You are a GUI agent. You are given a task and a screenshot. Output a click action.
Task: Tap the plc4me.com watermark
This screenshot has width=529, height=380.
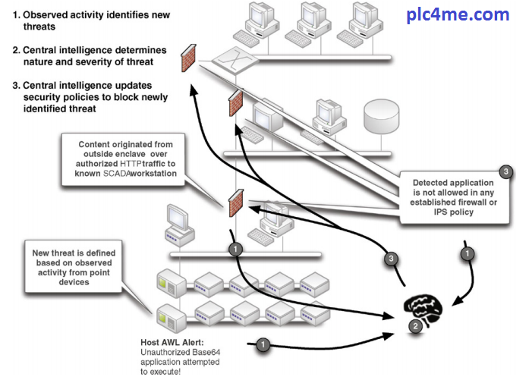pos(468,14)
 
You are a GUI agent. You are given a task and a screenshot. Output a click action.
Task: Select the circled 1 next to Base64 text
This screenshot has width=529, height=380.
pos(263,345)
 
